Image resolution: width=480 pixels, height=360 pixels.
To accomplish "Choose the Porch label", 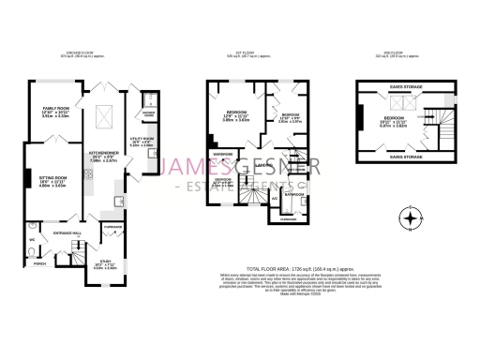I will pos(39,263).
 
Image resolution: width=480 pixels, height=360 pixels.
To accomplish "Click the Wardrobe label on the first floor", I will pos(222,153).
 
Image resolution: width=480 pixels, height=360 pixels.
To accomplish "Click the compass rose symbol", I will pos(409,222).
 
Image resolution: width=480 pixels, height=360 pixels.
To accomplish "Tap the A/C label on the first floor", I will pos(274,199).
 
